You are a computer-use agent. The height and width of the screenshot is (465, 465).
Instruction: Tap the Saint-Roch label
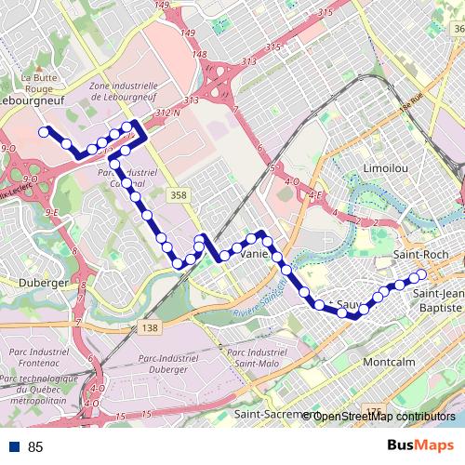(420, 255)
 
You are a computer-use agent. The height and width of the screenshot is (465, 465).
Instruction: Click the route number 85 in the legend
(36, 446)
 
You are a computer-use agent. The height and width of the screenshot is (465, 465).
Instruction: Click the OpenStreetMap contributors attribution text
(383, 416)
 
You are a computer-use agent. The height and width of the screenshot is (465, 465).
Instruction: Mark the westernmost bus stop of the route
(44, 132)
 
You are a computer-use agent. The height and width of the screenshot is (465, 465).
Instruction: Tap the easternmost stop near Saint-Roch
(420, 274)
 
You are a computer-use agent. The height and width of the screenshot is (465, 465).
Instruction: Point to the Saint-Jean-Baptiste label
(436, 299)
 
